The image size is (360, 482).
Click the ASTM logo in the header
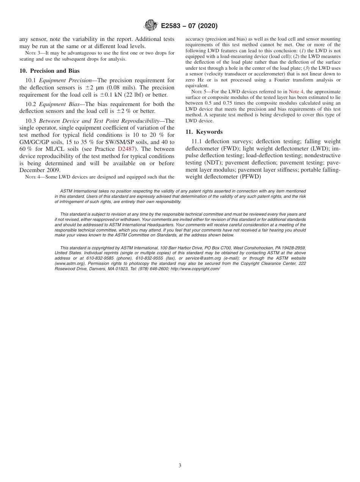151,26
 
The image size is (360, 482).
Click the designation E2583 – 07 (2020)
189,26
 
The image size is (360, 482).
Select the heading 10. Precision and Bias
49,71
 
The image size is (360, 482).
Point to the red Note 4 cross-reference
296,92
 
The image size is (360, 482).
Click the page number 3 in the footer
180,466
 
